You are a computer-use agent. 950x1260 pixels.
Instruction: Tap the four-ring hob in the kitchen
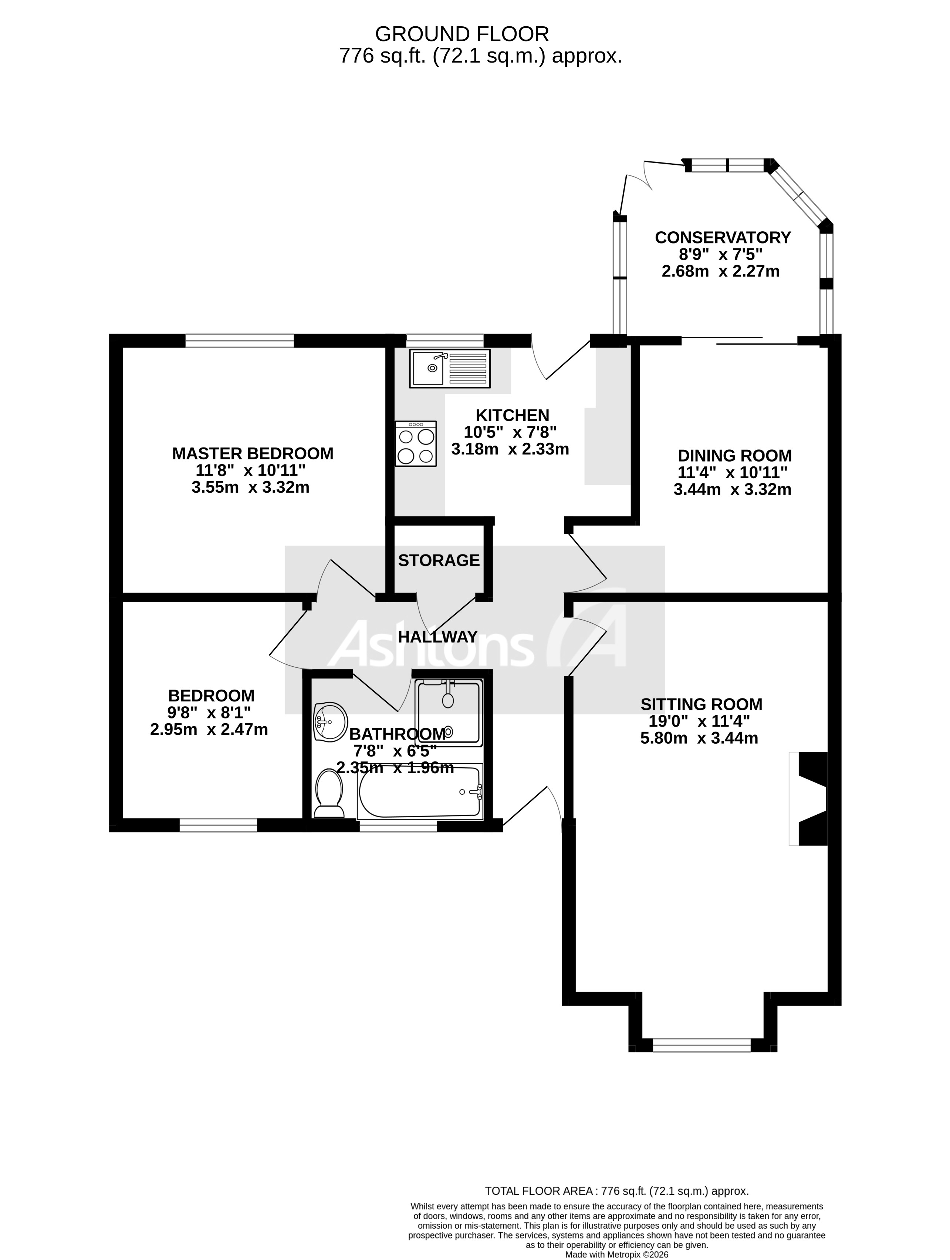point(416,444)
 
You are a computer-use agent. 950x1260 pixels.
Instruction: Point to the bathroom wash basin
point(330,722)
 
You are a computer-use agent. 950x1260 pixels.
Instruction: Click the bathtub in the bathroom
point(420,792)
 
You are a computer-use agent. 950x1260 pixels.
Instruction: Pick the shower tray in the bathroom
point(449,711)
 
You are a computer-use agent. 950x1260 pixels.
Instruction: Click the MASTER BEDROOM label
point(253,453)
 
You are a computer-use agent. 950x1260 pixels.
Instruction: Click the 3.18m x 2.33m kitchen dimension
point(510,449)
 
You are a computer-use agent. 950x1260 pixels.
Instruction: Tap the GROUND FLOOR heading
point(462,34)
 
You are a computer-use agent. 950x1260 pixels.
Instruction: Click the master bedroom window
point(240,341)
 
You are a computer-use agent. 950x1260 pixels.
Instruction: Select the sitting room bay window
point(702,1045)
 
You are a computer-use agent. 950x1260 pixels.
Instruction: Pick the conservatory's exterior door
point(638,180)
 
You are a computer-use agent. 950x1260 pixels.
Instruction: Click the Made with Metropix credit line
point(616,1255)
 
